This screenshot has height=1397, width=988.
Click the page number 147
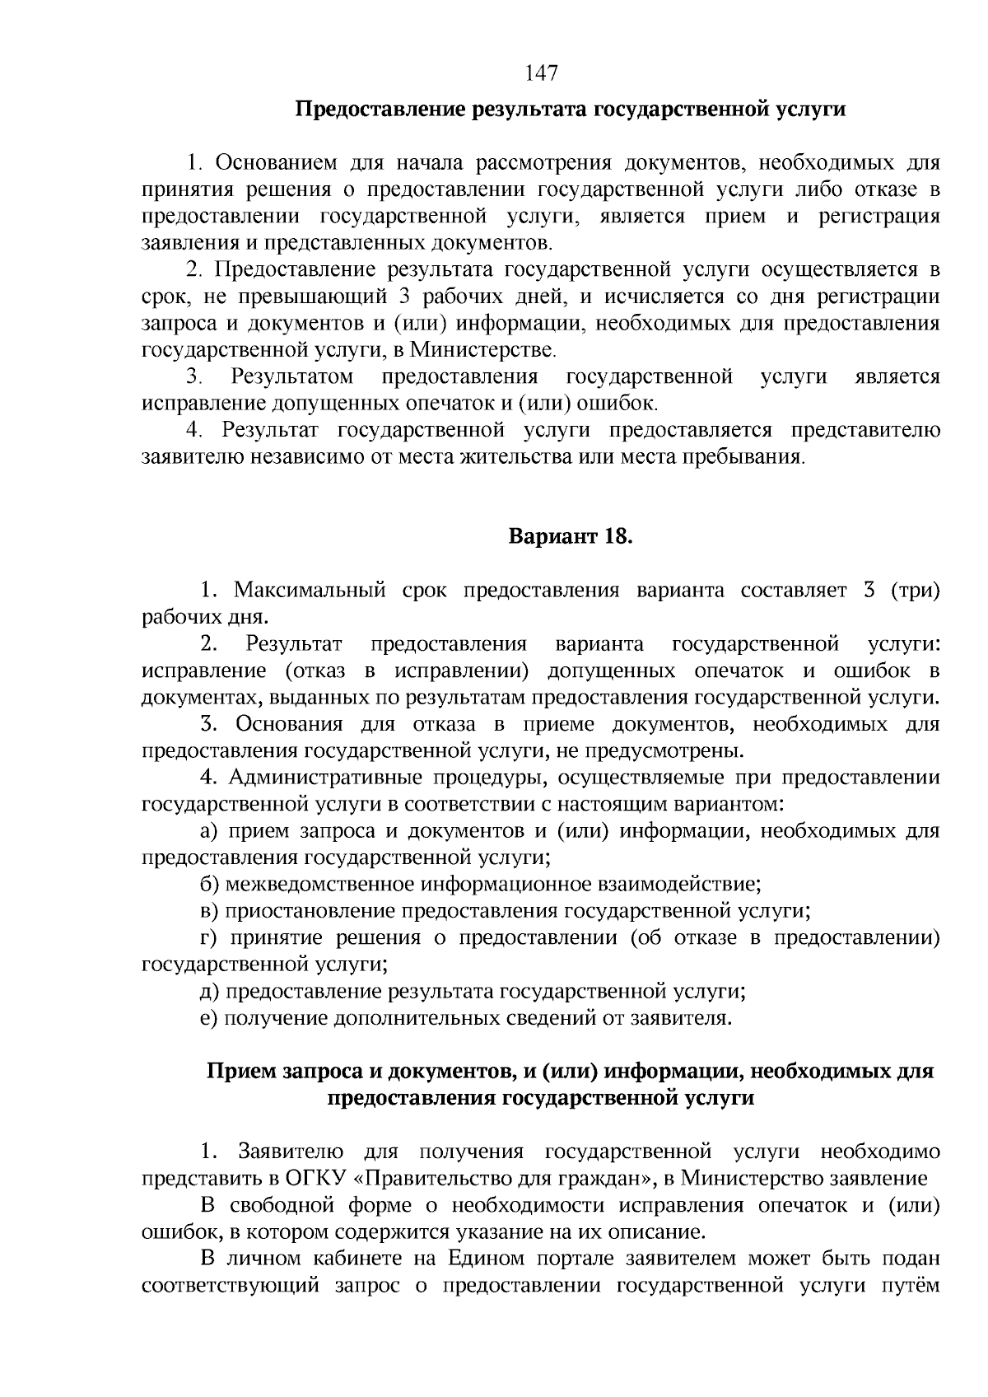pyautogui.click(x=541, y=73)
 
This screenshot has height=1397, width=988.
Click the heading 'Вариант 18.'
pyautogui.click(x=570, y=537)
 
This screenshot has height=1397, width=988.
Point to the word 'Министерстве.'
pyautogui.click(x=484, y=350)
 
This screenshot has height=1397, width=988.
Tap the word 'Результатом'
pyautogui.click(x=292, y=377)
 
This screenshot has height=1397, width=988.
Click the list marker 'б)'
pyautogui.click(x=209, y=885)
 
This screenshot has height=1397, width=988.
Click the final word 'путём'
pyautogui.click(x=914, y=1286)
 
